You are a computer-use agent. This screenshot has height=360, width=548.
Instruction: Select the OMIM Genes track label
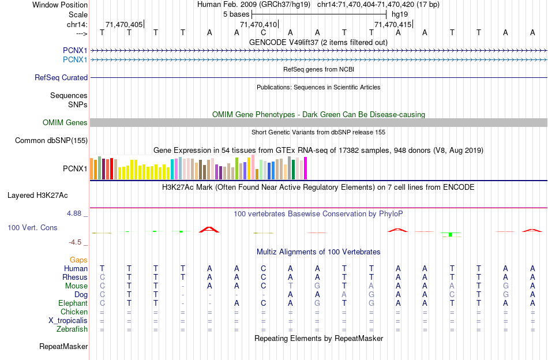pos(65,123)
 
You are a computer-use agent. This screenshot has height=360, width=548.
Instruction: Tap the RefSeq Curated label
pos(61,78)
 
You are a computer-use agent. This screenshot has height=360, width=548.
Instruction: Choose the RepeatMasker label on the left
pos(63,347)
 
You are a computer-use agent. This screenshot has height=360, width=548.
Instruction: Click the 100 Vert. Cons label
pos(32,228)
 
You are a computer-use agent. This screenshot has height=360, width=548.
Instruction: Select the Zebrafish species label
pos(72,329)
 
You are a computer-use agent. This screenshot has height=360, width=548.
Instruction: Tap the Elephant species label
pos(73,303)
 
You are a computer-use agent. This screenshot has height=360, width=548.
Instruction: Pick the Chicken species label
pos(74,312)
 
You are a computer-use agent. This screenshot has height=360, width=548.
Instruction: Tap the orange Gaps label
pos(79,260)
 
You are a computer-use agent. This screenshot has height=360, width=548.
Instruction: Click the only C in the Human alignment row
pos(264,268)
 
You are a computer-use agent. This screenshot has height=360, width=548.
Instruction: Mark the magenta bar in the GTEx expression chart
pos(306,168)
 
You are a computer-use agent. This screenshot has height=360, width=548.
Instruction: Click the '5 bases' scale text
pos(236,14)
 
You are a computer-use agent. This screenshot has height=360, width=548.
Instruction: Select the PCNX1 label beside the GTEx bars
pos(75,169)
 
